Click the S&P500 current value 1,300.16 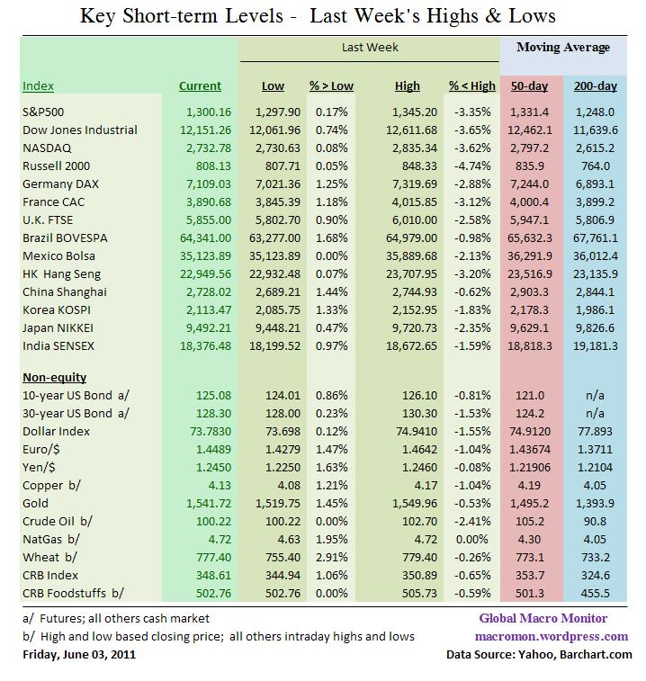click(209, 112)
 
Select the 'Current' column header click(200, 86)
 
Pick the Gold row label click(35, 503)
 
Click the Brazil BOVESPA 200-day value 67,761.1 click(593, 238)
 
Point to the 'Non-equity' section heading click(54, 377)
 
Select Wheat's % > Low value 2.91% click(332, 557)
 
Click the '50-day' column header click(528, 86)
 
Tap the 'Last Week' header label click(370, 47)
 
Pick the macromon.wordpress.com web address click(553, 636)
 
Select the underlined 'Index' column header click(38, 86)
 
